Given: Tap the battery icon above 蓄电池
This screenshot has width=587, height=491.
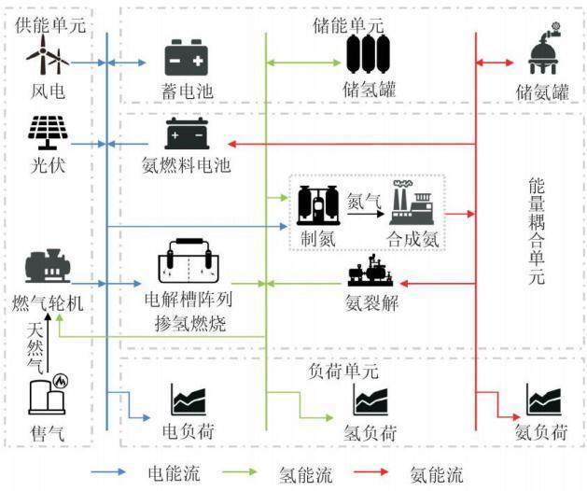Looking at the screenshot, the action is coord(187,58).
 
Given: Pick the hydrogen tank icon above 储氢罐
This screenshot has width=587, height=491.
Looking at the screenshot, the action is coord(369,54).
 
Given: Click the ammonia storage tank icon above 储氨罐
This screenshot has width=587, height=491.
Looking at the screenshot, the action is coord(544,49).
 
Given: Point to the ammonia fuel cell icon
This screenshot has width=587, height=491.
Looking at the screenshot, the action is coord(187,133).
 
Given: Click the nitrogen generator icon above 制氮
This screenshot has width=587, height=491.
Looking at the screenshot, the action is coord(318,205).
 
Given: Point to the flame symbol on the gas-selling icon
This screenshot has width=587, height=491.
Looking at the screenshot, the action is coord(60,381).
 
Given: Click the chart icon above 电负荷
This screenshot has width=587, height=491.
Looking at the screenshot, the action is coord(189,400).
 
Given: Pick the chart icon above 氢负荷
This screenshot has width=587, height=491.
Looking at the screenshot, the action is coord(370,400).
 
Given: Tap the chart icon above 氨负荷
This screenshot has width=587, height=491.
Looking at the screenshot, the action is coord(543,400).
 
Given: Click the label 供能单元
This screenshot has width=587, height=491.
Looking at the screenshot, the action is coord(50,25).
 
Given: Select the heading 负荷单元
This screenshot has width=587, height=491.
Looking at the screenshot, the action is coord(343,372).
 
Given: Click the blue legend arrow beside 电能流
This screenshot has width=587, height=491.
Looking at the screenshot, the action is coord(108,472).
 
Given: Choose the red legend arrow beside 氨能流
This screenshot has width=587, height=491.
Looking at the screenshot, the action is coord(371,472).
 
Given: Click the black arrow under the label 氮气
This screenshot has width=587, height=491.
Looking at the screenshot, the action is coord(366,214).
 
